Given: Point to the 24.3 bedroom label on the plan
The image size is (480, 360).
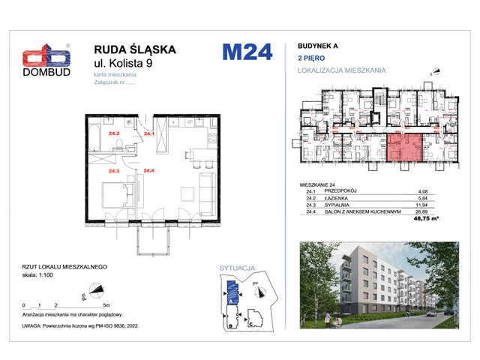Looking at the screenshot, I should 114,171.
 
